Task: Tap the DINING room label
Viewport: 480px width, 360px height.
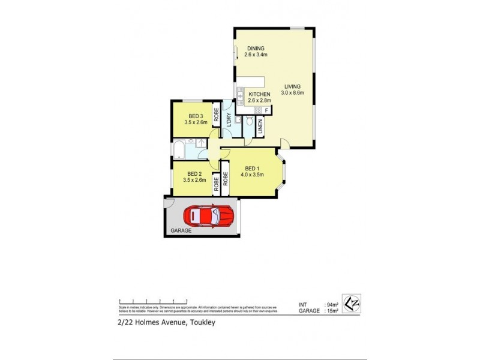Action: [255, 49]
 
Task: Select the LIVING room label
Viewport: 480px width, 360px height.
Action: [293, 86]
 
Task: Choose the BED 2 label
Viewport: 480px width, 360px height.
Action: [194, 173]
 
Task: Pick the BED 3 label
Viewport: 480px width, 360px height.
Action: [195, 116]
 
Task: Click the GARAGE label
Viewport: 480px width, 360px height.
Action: [181, 230]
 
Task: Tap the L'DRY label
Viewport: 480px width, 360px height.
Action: [227, 118]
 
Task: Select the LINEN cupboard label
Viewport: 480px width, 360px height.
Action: [260, 126]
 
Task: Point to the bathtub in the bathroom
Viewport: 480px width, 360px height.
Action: [180, 149]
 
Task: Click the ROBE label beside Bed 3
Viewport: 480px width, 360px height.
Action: [216, 116]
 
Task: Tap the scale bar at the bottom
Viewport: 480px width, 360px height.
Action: [154, 301]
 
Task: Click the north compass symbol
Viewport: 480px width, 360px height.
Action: [351, 302]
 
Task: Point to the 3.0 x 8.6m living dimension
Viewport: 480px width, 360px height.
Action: [292, 92]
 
